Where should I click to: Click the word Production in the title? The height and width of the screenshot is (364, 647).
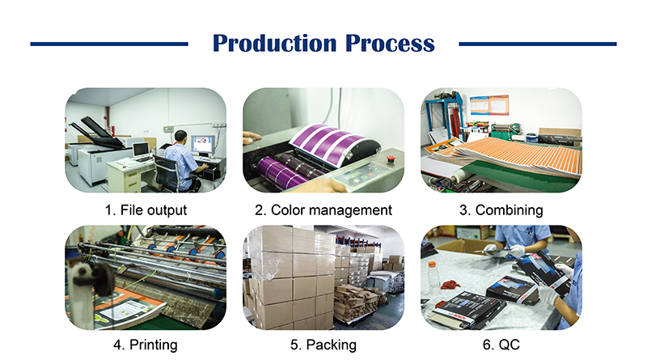tap(275, 44)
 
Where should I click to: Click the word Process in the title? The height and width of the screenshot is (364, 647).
tap(390, 44)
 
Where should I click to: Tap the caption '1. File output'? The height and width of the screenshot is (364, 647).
tap(146, 210)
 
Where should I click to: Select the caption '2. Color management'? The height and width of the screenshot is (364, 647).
tap(323, 210)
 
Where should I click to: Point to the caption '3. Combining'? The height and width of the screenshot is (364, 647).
tap(501, 210)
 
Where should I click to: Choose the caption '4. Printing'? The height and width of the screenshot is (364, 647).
tap(146, 345)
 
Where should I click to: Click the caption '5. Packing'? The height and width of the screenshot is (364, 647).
tap(323, 345)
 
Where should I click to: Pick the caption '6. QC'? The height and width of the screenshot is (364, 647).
tap(501, 345)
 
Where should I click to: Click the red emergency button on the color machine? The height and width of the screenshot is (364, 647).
tap(389, 159)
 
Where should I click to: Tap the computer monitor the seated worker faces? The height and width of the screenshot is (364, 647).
tap(202, 145)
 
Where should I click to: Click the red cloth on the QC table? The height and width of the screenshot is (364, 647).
tap(450, 285)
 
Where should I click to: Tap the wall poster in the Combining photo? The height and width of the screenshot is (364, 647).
tap(489, 105)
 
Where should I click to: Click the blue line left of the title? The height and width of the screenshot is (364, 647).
tap(109, 44)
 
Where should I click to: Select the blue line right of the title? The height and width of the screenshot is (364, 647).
tap(538, 44)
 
